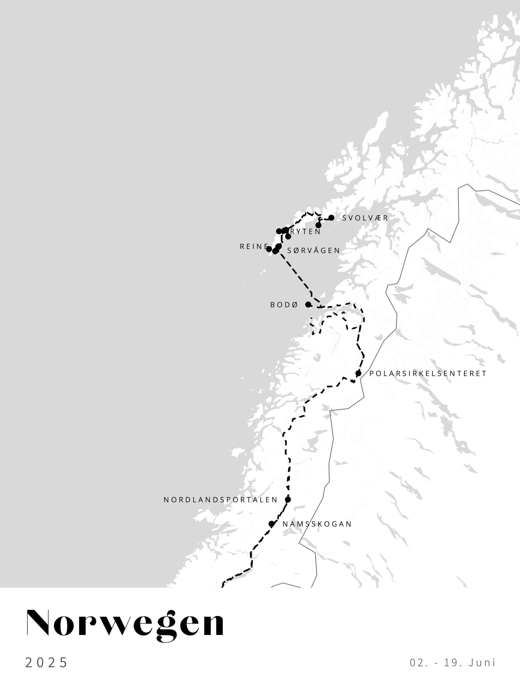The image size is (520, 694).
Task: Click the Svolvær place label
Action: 365,218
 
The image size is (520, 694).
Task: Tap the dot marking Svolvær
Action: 331,218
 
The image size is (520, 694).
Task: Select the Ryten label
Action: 306,231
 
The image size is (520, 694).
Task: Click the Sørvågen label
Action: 313,251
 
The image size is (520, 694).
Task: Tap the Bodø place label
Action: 284,305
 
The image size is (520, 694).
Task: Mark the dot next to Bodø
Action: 308,305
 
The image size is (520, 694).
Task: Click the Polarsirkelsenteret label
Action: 428,374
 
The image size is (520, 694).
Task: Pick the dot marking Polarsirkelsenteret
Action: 358,373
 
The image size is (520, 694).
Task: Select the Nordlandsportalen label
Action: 221,500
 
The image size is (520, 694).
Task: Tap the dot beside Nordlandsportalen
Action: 288,499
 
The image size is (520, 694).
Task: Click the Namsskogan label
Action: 317,524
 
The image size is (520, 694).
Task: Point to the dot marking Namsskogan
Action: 272,524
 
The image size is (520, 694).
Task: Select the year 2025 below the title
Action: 46,662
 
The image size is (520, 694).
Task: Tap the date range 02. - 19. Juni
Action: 453,662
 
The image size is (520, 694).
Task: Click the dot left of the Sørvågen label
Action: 279,246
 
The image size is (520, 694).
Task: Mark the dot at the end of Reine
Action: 269,249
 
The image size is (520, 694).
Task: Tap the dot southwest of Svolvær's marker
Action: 318,225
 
